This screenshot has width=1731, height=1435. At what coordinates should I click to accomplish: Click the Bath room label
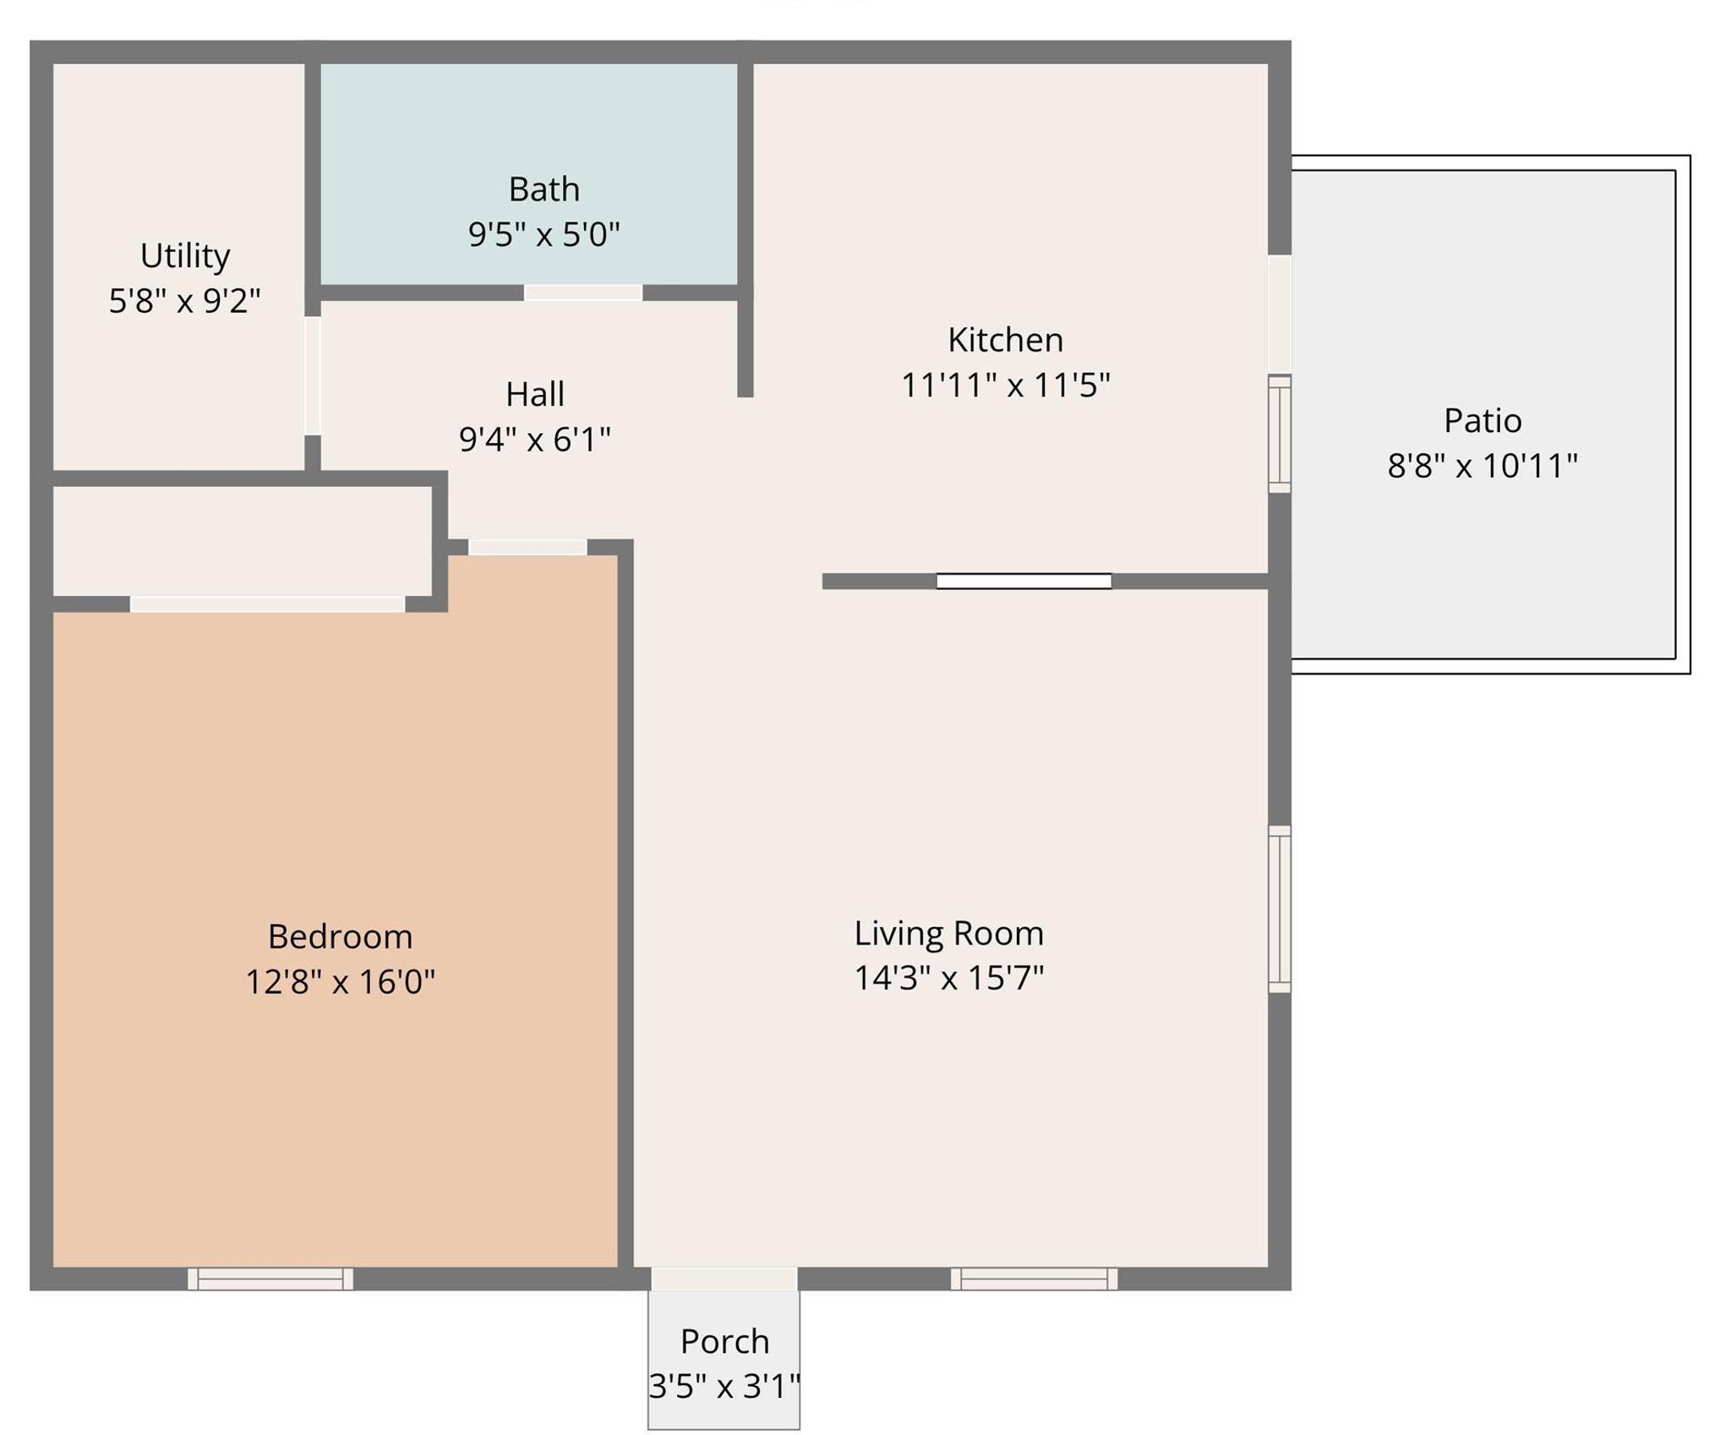point(544,189)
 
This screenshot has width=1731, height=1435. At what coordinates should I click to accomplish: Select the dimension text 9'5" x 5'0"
point(544,234)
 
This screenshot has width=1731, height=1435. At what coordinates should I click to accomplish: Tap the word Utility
point(185,256)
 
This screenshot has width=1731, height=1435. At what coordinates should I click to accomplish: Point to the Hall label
point(535,394)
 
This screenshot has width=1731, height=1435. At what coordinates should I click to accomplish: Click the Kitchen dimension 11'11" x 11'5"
point(1006,385)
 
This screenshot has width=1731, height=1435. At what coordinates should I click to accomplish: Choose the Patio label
point(1483,420)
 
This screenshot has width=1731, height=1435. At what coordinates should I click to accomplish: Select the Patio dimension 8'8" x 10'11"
point(1483,465)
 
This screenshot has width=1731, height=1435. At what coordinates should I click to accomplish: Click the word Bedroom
point(340,936)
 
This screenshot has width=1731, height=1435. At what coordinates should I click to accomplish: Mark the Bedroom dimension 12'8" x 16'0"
point(340,982)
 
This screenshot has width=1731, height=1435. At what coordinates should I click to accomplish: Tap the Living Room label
point(949,933)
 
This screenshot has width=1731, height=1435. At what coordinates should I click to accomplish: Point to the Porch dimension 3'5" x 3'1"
point(724,1386)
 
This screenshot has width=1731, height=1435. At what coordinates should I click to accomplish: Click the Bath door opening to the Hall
point(583,293)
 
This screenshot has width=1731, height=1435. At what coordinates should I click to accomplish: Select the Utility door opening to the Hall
point(313,375)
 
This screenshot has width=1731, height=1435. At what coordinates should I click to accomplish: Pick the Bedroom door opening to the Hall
point(527,547)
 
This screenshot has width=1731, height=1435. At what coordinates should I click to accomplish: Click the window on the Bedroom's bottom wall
point(270,1279)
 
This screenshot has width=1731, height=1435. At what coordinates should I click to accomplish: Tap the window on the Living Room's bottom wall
point(1035,1279)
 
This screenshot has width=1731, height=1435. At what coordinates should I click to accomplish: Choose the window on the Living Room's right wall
point(1280,909)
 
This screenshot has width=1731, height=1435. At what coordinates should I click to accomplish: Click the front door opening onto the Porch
point(724,1279)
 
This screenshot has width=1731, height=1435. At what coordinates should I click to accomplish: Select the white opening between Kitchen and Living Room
point(1024,581)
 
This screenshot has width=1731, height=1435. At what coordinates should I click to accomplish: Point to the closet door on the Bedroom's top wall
point(267,604)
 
